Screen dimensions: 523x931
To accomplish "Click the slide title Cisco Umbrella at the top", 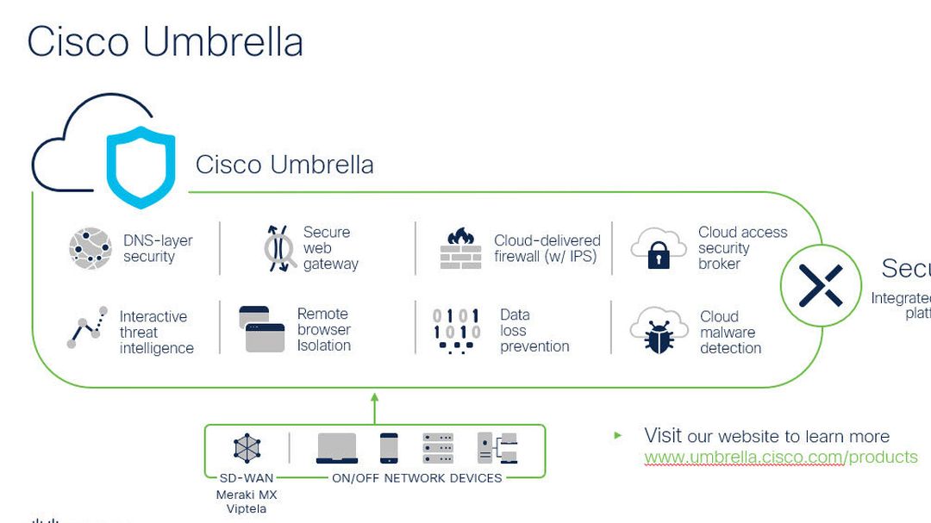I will click(x=165, y=42).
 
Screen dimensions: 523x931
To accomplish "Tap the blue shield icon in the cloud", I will click(x=141, y=166).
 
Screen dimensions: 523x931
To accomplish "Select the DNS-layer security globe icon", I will click(x=91, y=248).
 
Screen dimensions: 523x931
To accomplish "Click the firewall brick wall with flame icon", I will click(x=460, y=249).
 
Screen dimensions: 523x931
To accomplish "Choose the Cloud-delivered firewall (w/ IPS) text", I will click(x=547, y=248).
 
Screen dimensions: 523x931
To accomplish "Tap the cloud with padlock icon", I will click(x=658, y=249).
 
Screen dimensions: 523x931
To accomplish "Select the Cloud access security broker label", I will click(x=741, y=248).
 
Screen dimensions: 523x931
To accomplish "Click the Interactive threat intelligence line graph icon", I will click(x=87, y=327).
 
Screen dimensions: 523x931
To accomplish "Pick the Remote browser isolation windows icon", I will click(x=263, y=329).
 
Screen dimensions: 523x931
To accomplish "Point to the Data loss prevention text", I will click(x=534, y=331).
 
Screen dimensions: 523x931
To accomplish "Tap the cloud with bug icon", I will click(x=658, y=331).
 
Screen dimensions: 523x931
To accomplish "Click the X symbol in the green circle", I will click(x=821, y=285).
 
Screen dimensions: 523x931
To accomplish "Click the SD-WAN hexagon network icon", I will click(x=247, y=448).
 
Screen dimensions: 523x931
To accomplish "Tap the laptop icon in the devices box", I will click(x=337, y=448).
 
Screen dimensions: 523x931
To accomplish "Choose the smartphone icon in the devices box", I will click(x=389, y=448).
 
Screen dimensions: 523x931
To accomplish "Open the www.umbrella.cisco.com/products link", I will click(x=780, y=458).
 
